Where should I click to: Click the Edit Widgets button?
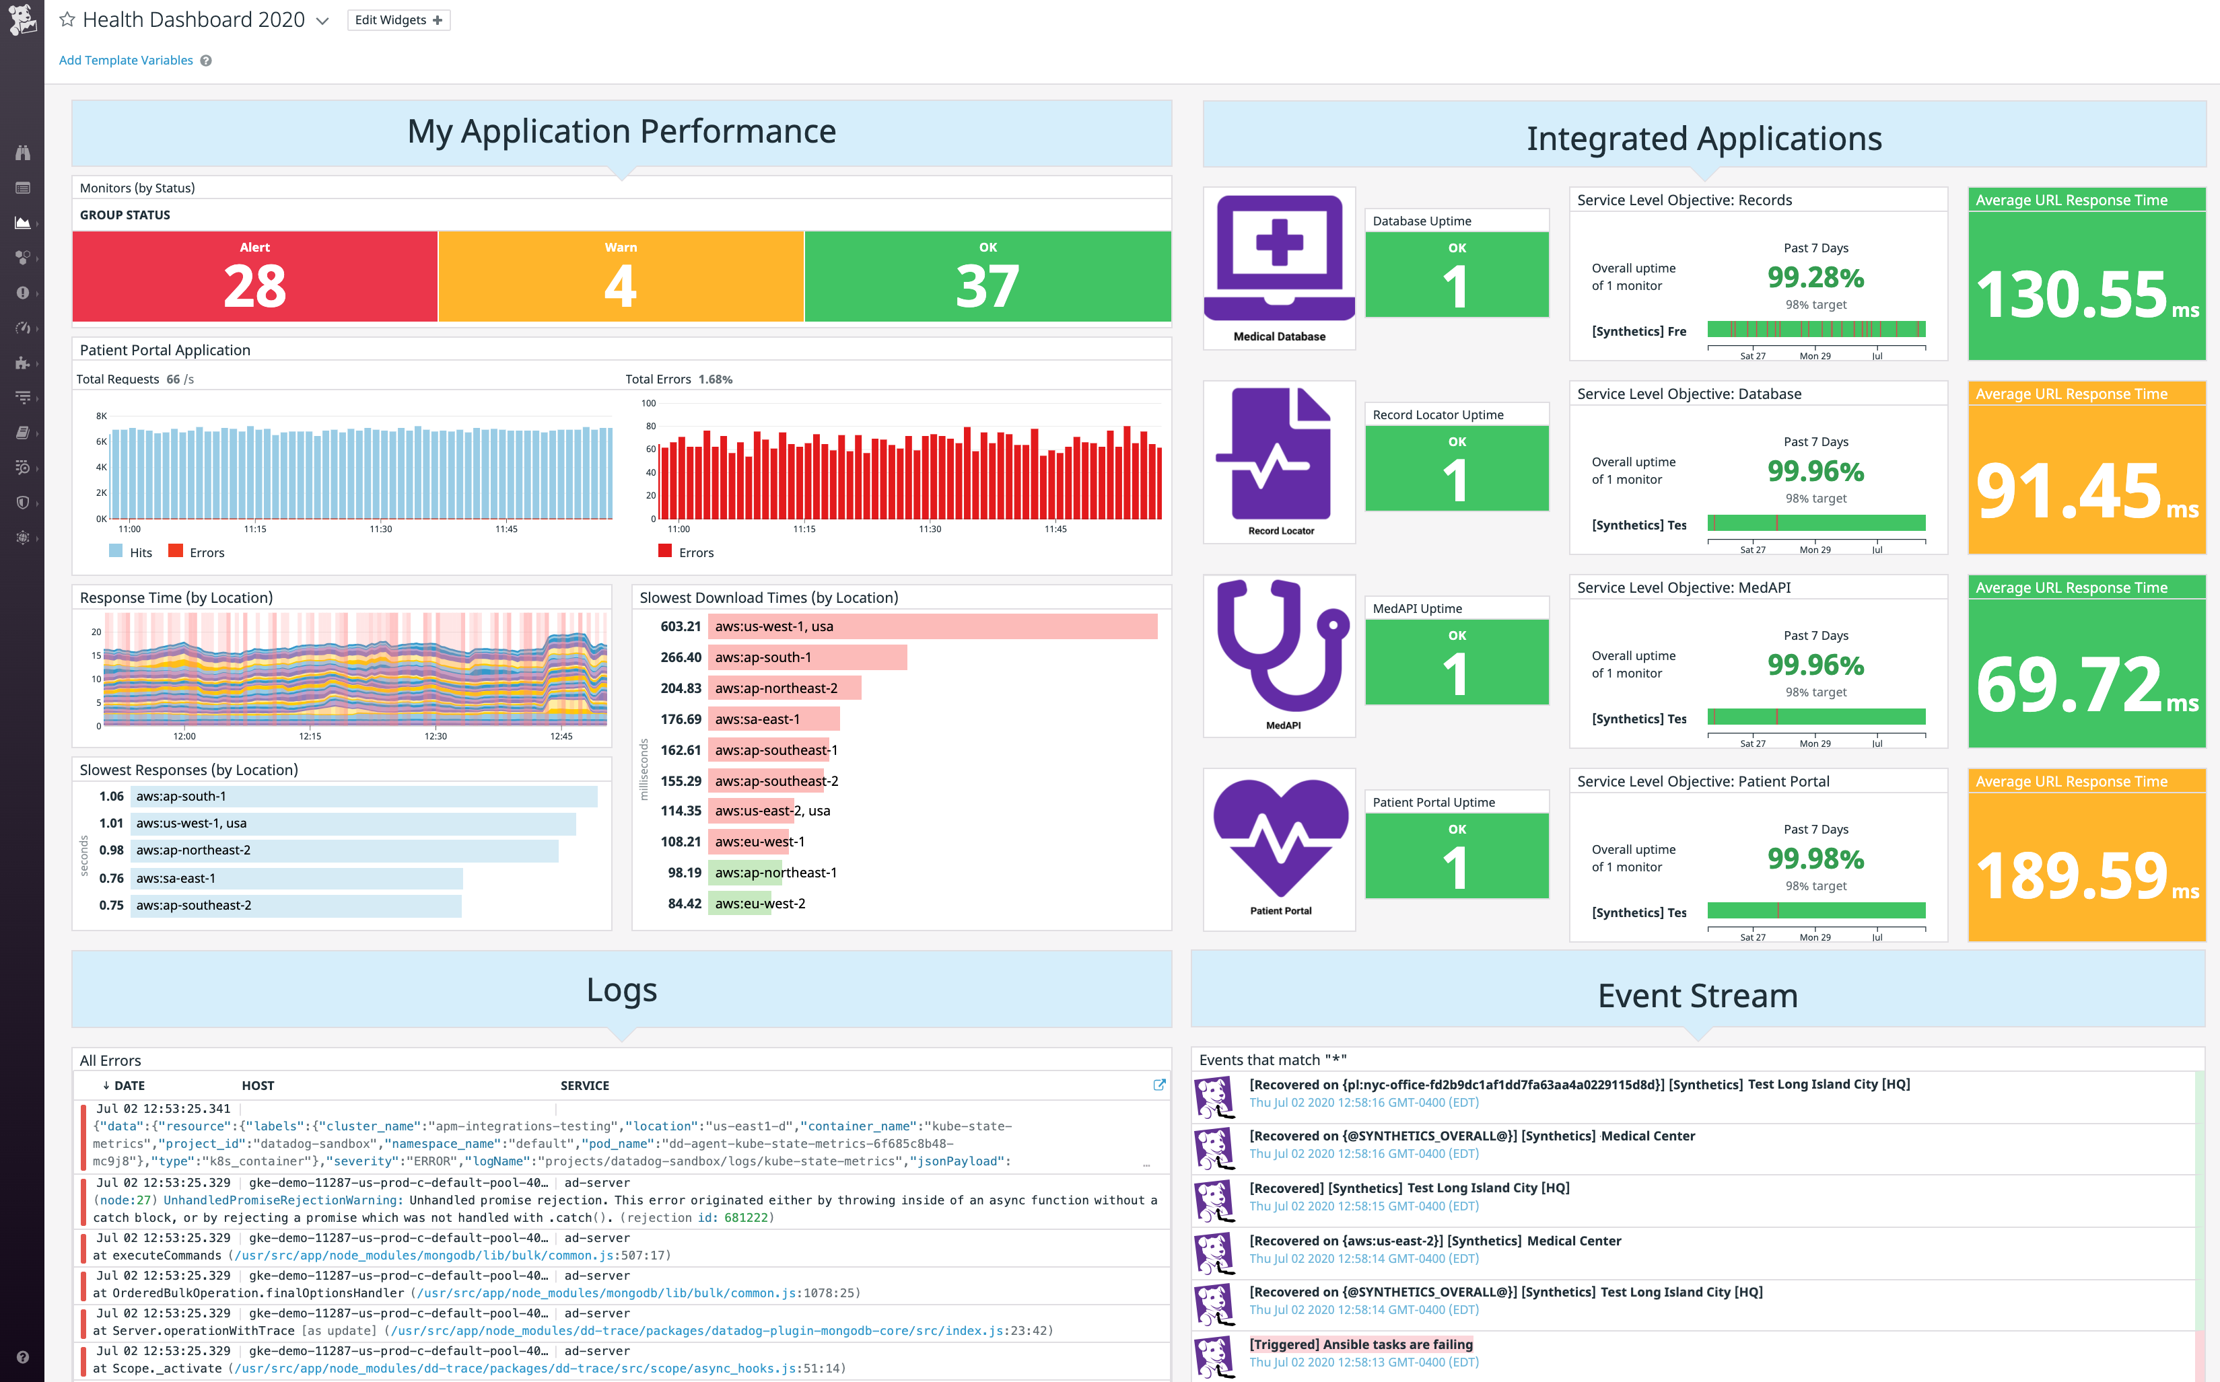pos(398,20)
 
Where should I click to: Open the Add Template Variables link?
pos(125,61)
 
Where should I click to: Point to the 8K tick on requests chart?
pos(102,416)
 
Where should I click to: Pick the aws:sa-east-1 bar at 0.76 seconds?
pos(296,878)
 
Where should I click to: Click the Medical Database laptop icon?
pos(1279,256)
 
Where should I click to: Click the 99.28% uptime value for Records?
pos(1815,277)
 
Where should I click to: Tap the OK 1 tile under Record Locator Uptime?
pos(1457,468)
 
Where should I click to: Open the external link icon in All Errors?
pos(1159,1085)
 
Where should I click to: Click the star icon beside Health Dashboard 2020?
pos(67,20)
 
